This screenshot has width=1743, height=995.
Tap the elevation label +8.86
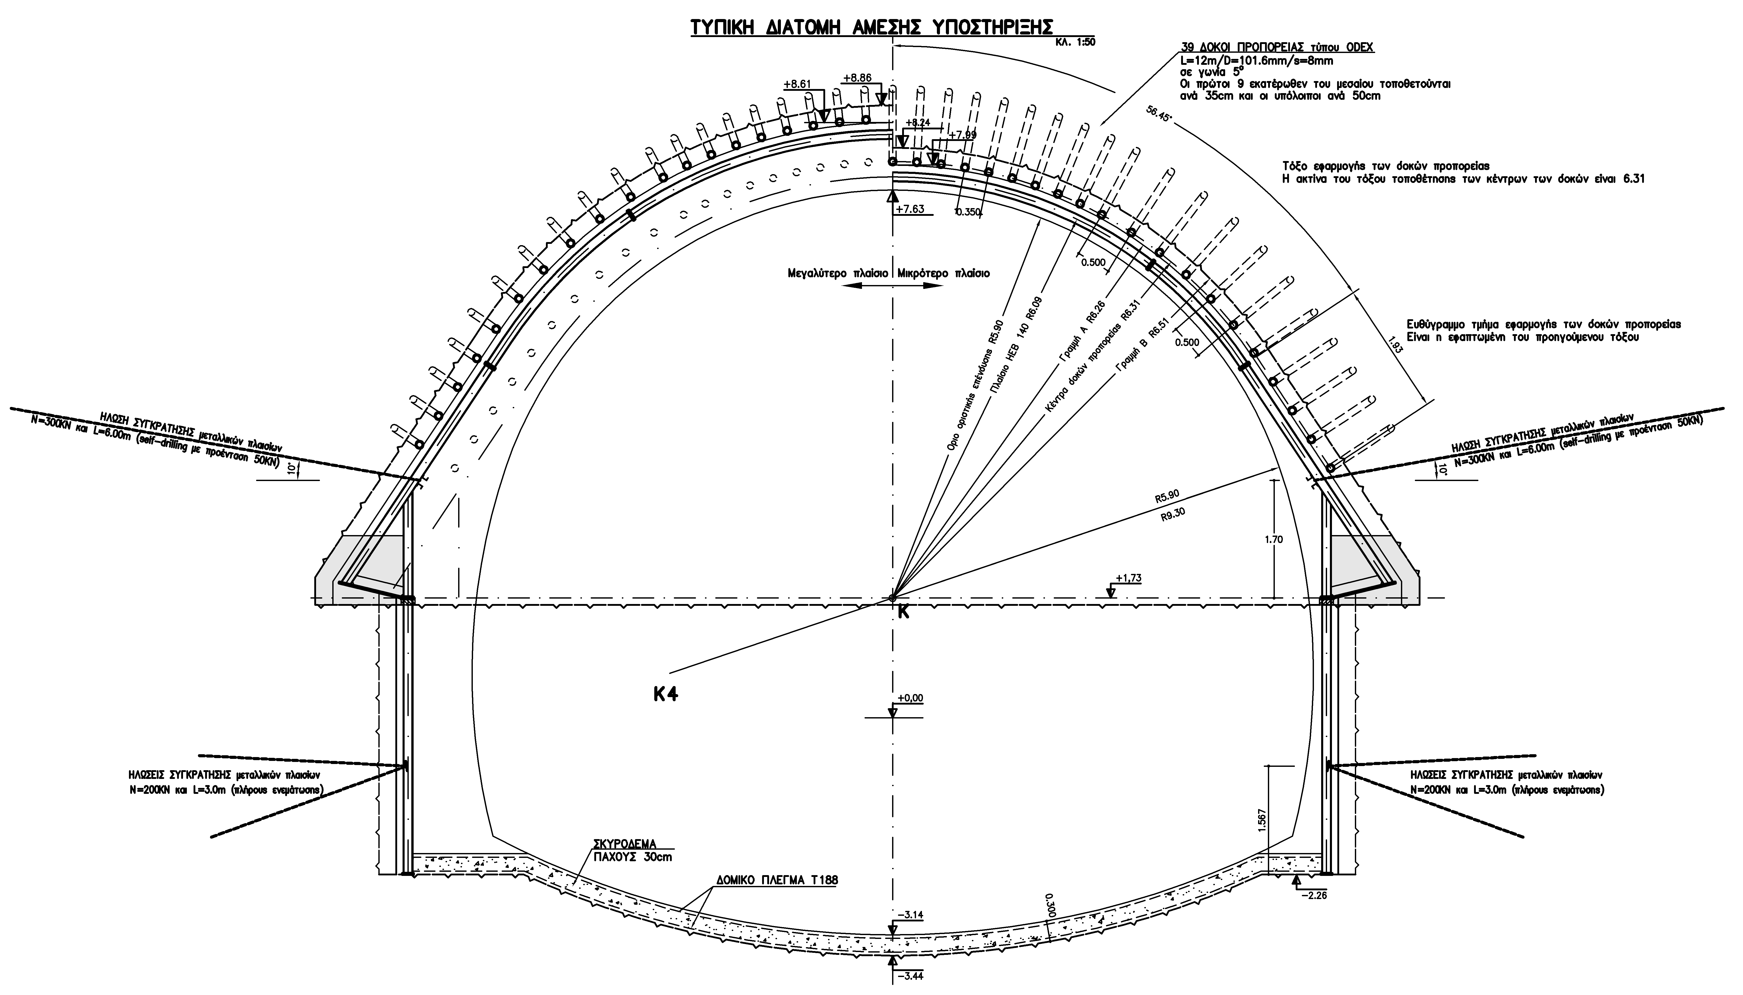(857, 78)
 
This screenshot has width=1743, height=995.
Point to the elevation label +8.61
(797, 84)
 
